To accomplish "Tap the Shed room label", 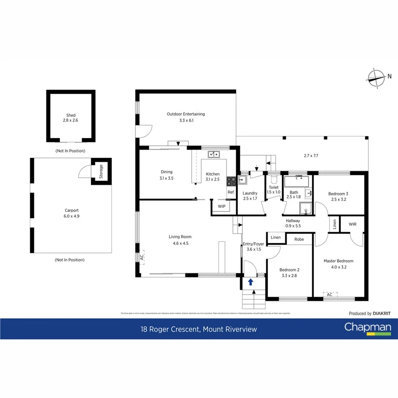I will tap(71, 118).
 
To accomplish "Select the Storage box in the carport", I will tap(101, 170).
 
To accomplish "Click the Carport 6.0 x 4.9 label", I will tap(71, 213).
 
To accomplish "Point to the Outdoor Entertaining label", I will tap(186, 117).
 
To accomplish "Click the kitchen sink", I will tap(214, 154).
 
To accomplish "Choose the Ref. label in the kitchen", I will tap(231, 192).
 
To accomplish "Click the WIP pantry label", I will tap(222, 207).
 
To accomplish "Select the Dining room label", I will tap(166, 175).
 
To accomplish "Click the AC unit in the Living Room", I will tap(142, 257).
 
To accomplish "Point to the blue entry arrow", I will tap(251, 281).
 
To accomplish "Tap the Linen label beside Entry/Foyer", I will tap(276, 237).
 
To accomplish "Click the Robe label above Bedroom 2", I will tap(299, 239).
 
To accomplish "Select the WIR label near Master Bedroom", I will tap(352, 225).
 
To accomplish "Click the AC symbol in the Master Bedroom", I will tap(329, 294).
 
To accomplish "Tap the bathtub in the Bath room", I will tap(297, 181).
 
